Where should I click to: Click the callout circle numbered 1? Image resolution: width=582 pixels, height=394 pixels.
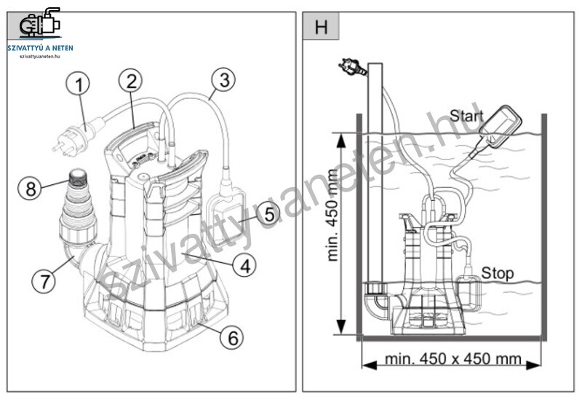tap(78, 84)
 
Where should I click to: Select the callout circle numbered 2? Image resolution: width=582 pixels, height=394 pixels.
tap(131, 81)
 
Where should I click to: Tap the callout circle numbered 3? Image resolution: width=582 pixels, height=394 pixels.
tap(223, 80)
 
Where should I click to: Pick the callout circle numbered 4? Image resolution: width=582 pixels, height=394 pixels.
tap(244, 266)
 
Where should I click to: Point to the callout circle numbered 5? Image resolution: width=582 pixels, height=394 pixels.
tap(268, 213)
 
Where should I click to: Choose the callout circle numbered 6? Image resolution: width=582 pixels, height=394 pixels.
tap(232, 338)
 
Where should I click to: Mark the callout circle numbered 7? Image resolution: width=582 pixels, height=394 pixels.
tap(44, 280)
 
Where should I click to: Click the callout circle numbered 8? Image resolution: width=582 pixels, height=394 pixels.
tap(30, 188)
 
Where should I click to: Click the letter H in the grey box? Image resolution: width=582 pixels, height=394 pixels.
tap(321, 27)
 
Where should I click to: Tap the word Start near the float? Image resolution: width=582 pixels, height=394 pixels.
tap(466, 117)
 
